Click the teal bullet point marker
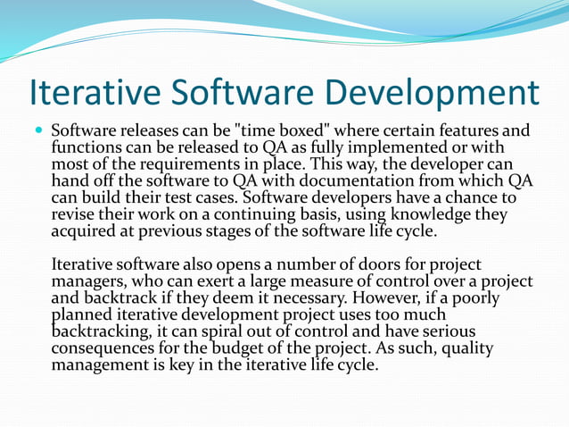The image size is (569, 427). pyautogui.click(x=38, y=130)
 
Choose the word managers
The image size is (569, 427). pyautogui.click(x=87, y=281)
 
